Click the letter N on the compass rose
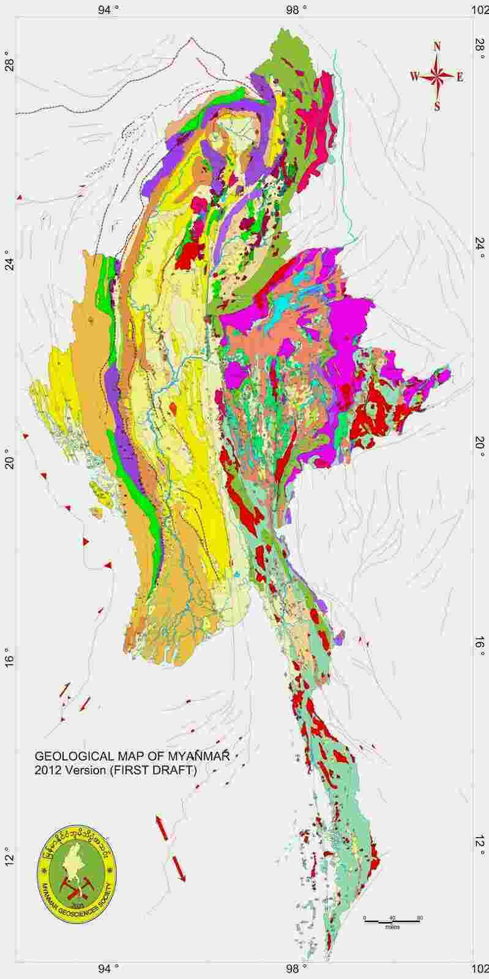(437, 47)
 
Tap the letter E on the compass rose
(460, 77)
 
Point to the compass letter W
(414, 76)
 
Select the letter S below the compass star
(437, 106)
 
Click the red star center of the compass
(437, 76)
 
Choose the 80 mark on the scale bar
(420, 918)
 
